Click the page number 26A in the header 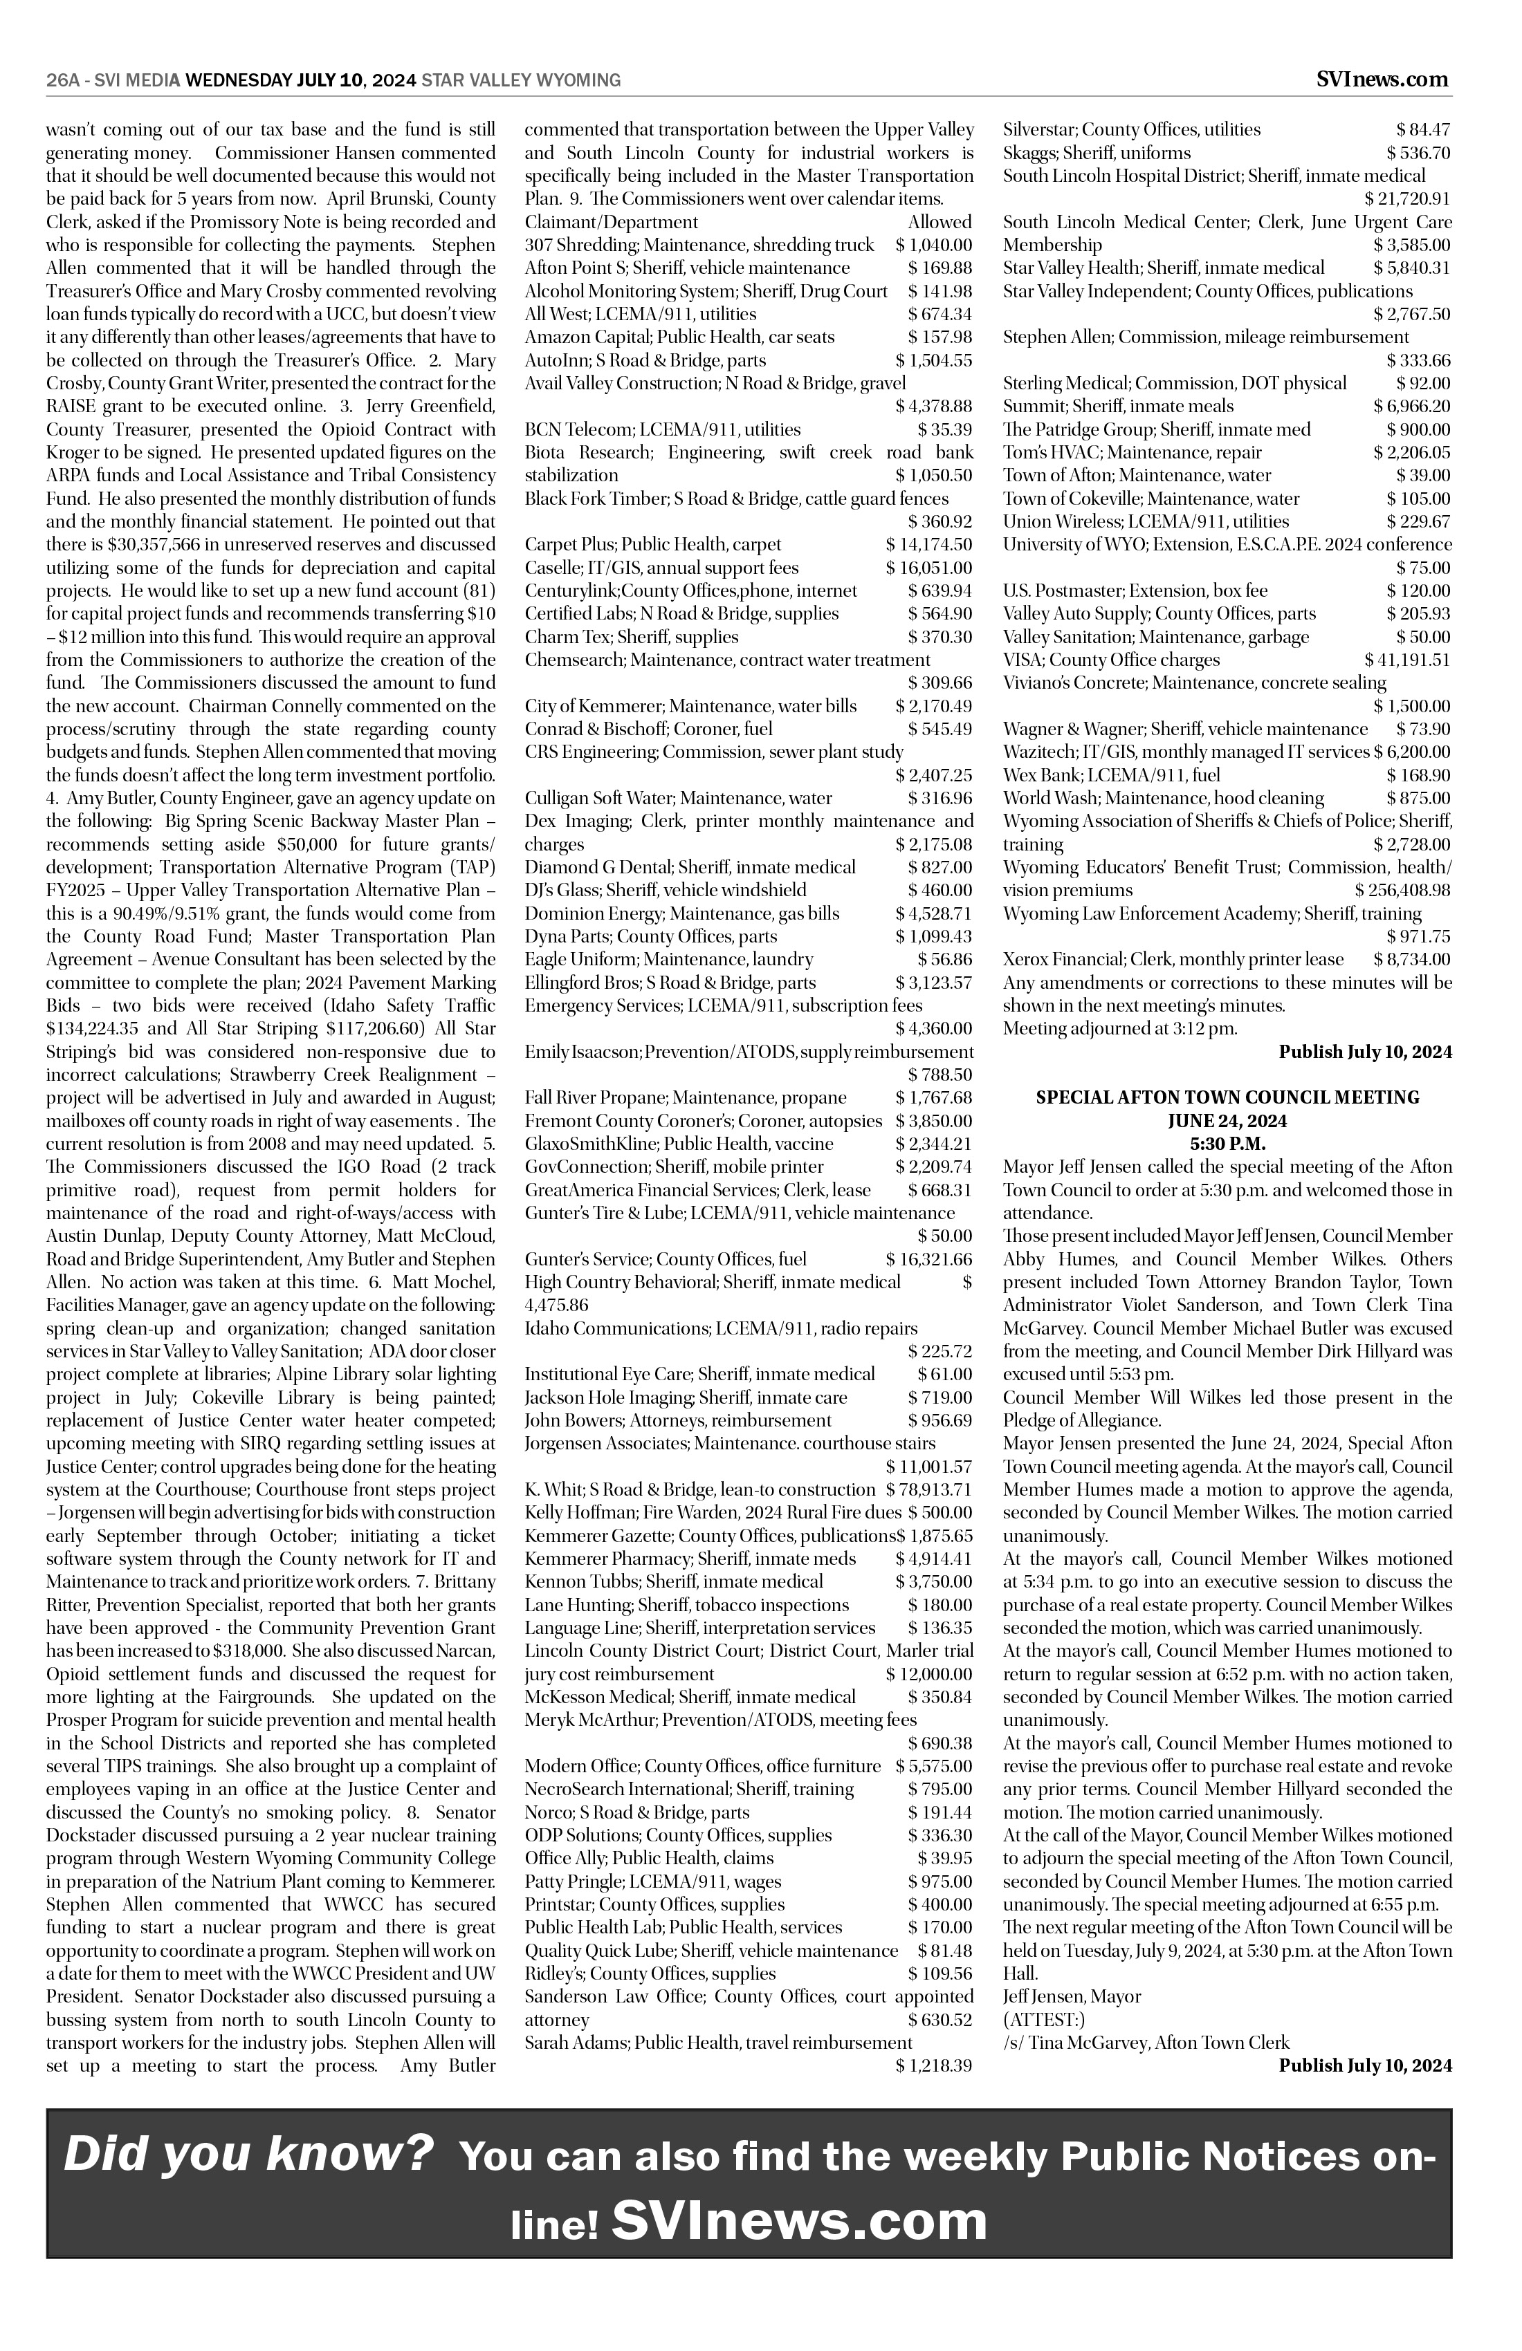(63, 81)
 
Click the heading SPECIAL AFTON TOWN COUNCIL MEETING (1227, 1097)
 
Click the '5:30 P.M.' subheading (1227, 1143)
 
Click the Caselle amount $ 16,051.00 (929, 568)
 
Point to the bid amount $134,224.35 (95, 1005)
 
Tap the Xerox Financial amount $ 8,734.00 (1411, 959)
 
